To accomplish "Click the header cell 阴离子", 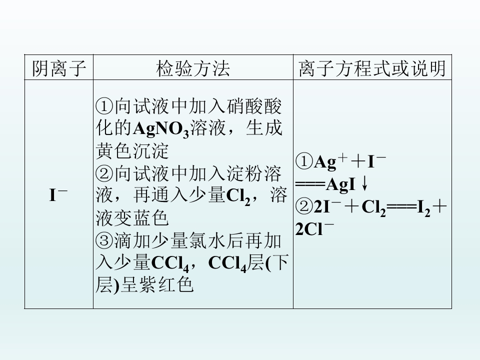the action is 58,68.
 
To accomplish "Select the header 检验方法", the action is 193,68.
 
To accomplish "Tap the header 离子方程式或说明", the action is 372,68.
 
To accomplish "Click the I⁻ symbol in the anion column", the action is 58,194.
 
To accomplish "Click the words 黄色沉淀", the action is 132,150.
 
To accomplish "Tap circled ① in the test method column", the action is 104,106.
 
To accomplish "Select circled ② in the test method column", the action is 104,173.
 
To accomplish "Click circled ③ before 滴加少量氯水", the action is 104,241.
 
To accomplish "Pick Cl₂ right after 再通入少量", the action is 238,196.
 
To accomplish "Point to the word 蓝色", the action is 150,218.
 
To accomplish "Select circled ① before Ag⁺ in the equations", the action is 304,161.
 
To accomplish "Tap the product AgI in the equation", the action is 341,185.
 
